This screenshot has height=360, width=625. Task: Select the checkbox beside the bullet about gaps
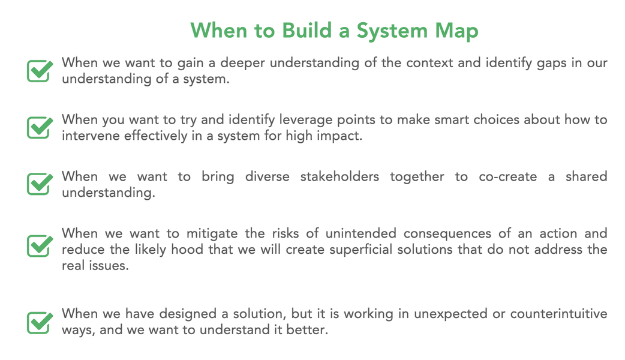click(40, 71)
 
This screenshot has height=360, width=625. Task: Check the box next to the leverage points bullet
click(40, 128)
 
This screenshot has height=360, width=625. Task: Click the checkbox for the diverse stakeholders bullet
click(40, 184)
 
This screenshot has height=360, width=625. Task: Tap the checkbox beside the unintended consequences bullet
click(40, 246)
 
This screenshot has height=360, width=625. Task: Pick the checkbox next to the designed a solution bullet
click(40, 323)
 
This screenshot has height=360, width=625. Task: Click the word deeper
click(242, 64)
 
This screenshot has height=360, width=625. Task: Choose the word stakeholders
click(339, 176)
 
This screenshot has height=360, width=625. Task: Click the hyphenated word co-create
click(508, 176)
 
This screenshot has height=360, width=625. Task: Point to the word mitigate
click(212, 233)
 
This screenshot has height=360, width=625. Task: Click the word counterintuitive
click(559, 313)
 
